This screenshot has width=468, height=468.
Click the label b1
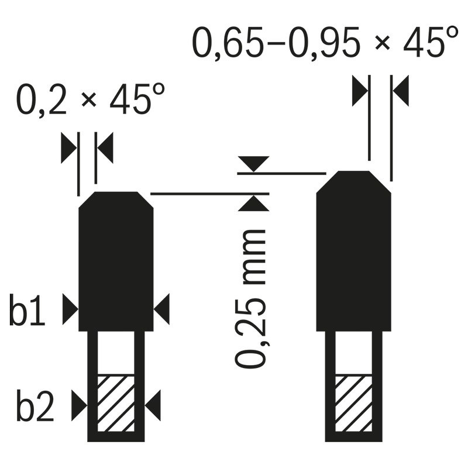pos(27,310)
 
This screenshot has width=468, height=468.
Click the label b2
pos(35,405)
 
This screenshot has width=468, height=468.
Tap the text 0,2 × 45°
pos(91,99)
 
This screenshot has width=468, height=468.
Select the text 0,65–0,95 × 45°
pos(325,42)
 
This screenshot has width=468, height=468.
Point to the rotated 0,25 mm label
pos(251,298)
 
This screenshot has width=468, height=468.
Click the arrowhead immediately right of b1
pos(70,309)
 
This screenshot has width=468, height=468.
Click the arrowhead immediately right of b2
pos(80,405)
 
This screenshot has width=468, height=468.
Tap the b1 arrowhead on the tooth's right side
pos(161,309)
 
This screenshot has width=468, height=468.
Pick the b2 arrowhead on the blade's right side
pos(153,405)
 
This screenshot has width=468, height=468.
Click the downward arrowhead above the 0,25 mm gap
pos(254,164)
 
